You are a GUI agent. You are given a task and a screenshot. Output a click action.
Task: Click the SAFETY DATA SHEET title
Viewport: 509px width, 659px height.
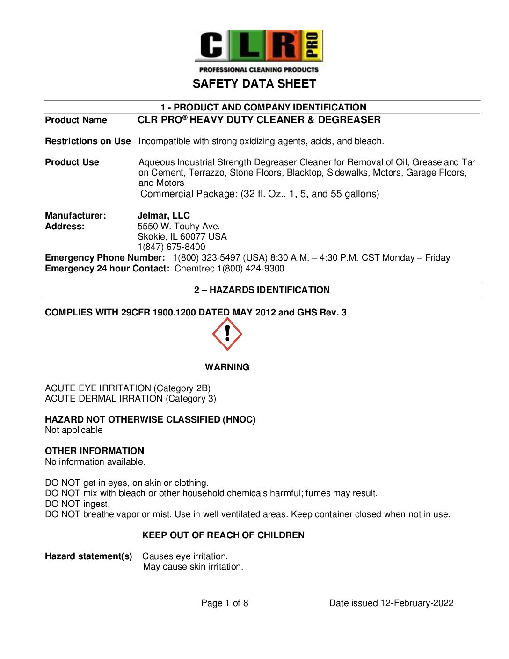(254, 84)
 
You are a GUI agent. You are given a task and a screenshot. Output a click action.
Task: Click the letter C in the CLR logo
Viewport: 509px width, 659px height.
(211, 45)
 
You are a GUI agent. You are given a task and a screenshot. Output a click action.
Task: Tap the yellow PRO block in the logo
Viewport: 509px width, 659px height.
(313, 45)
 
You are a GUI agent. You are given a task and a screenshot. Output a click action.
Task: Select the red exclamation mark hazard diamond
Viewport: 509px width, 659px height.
(227, 334)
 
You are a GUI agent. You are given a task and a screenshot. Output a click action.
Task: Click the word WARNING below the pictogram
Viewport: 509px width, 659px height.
(227, 367)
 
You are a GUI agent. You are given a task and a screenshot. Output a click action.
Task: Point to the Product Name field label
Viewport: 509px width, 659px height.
(76, 120)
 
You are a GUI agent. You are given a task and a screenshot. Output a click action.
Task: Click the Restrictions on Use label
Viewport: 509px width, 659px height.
(87, 141)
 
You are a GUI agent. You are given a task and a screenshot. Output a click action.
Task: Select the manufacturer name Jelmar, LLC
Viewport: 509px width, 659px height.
(163, 216)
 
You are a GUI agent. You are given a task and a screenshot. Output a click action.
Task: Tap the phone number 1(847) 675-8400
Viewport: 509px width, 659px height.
(171, 247)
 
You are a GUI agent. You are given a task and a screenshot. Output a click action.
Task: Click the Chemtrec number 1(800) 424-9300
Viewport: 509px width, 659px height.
(250, 269)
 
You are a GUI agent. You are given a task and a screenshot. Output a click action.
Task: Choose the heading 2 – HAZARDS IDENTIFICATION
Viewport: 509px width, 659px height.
(262, 290)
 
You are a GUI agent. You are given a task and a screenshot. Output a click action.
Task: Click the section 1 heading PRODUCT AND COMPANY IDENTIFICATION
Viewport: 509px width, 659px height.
(263, 107)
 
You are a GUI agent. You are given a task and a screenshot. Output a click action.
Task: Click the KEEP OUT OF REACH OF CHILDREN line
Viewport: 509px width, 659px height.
(223, 535)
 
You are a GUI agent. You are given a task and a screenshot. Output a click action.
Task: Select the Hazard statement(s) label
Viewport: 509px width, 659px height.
(88, 556)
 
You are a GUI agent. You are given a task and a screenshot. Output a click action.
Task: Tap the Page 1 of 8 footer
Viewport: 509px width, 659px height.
(225, 603)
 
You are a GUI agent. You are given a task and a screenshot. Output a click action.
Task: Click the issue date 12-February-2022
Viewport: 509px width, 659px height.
(417, 603)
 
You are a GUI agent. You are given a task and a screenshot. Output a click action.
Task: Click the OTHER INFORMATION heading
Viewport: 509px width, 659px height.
(95, 451)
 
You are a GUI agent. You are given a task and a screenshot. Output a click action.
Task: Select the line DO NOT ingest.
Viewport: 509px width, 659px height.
(77, 504)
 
